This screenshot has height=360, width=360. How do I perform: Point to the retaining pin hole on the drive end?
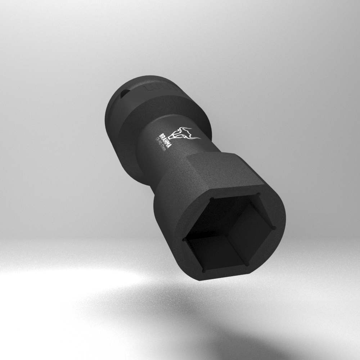122,94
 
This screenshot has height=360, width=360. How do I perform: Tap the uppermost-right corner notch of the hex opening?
258,195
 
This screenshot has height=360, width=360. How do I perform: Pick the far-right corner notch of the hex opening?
275,228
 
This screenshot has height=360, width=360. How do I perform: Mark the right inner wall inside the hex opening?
252,230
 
